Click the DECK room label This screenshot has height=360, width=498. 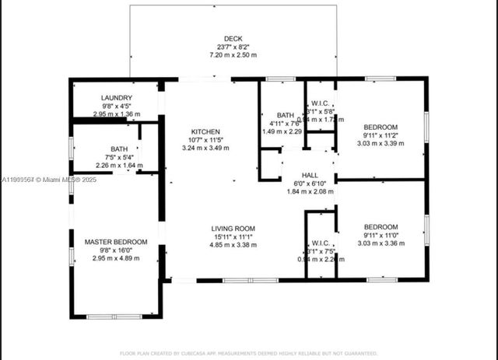pos(233,38)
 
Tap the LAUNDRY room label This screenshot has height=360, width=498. pos(117,98)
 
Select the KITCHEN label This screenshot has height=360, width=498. pos(206,131)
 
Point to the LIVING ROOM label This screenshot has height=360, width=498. pos(233,229)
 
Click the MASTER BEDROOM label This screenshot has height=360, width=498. pos(116,242)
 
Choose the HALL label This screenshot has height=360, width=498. pos(310,175)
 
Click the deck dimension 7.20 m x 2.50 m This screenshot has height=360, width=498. pos(233,55)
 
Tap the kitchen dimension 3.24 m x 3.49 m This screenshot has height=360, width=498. pos(206,148)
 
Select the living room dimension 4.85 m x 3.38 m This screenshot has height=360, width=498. pos(233,245)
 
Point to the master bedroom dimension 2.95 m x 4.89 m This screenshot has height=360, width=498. pos(116,258)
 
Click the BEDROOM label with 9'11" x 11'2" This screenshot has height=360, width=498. pos(381,127)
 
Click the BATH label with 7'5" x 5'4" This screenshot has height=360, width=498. pos(119,149)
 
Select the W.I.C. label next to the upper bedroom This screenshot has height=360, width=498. pos(321,103)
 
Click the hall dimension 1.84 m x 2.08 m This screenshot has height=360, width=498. pos(310,191)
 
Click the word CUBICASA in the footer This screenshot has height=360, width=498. pos(204,353)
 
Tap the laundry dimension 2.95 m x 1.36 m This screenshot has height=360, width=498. pos(117,114)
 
